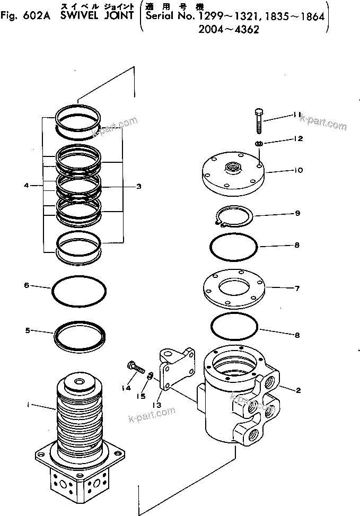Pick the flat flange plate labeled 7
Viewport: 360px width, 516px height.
click(x=234, y=289)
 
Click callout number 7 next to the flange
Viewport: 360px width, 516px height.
click(x=297, y=289)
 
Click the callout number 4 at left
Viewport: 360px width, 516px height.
click(x=26, y=186)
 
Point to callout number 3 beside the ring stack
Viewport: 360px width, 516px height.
click(x=138, y=187)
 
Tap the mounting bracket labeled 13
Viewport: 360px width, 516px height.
click(x=174, y=368)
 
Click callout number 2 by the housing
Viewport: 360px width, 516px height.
click(x=298, y=391)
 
